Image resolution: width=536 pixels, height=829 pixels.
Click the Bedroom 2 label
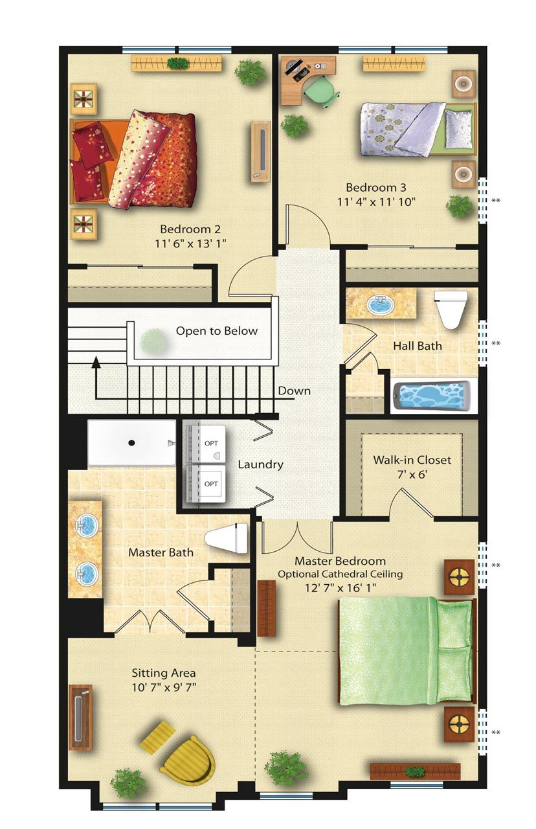[x=190, y=229]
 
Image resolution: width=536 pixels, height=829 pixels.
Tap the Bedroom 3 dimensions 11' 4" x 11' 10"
[x=376, y=201]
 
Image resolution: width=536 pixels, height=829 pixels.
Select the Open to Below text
[x=217, y=331]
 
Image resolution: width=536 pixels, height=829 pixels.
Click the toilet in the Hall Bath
[x=451, y=310]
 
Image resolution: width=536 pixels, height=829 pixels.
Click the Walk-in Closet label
[x=412, y=460]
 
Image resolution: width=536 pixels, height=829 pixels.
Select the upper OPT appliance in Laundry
[x=207, y=444]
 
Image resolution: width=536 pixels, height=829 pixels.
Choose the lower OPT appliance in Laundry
[x=207, y=483]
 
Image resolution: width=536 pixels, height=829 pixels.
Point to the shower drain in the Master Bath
[x=131, y=442]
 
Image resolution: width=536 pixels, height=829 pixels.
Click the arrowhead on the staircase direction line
[x=96, y=361]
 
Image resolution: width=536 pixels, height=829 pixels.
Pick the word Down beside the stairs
[x=294, y=391]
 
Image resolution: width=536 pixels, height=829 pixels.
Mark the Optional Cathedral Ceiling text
[x=340, y=574]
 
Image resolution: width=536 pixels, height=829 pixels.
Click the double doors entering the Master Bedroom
[x=297, y=538]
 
